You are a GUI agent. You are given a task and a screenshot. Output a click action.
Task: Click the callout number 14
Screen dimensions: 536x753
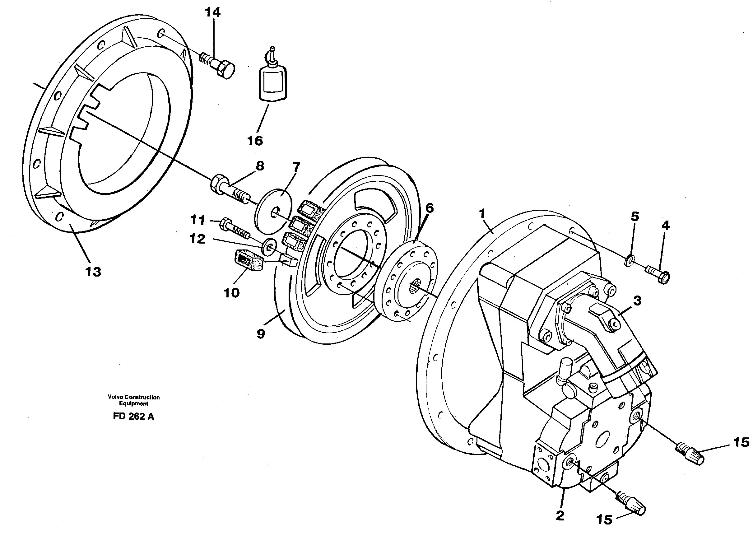pyautogui.click(x=212, y=12)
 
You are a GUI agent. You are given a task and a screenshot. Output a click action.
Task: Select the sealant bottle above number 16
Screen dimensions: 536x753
pyautogui.click(x=272, y=82)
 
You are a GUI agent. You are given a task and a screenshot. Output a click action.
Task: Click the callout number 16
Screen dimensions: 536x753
pyautogui.click(x=255, y=141)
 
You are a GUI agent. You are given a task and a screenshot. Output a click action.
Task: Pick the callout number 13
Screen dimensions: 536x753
pyautogui.click(x=93, y=272)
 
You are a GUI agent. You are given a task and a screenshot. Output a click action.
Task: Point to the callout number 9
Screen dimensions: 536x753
pyautogui.click(x=261, y=334)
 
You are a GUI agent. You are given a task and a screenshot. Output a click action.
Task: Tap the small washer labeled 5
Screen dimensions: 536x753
pyautogui.click(x=630, y=261)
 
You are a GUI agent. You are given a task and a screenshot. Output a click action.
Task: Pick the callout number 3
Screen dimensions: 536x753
pyautogui.click(x=637, y=301)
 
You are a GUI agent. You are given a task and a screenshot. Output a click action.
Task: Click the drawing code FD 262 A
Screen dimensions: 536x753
pyautogui.click(x=133, y=417)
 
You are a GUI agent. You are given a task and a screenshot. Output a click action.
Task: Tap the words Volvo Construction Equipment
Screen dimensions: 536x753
pyautogui.click(x=134, y=400)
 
